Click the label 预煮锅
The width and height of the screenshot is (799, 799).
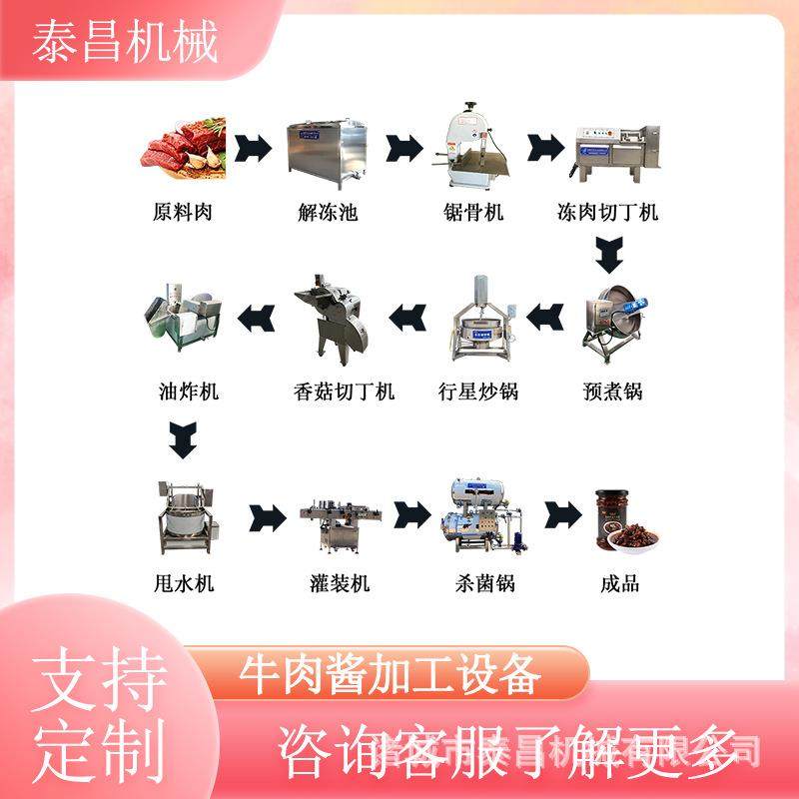point(612,391)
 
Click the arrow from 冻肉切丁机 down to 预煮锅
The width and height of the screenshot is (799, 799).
point(611,255)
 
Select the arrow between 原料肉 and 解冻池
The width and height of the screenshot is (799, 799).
point(256,150)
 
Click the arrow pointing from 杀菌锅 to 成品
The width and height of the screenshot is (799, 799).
point(561,516)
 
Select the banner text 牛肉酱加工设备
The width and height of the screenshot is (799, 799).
point(391,677)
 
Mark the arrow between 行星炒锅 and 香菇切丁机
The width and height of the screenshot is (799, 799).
point(407,318)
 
